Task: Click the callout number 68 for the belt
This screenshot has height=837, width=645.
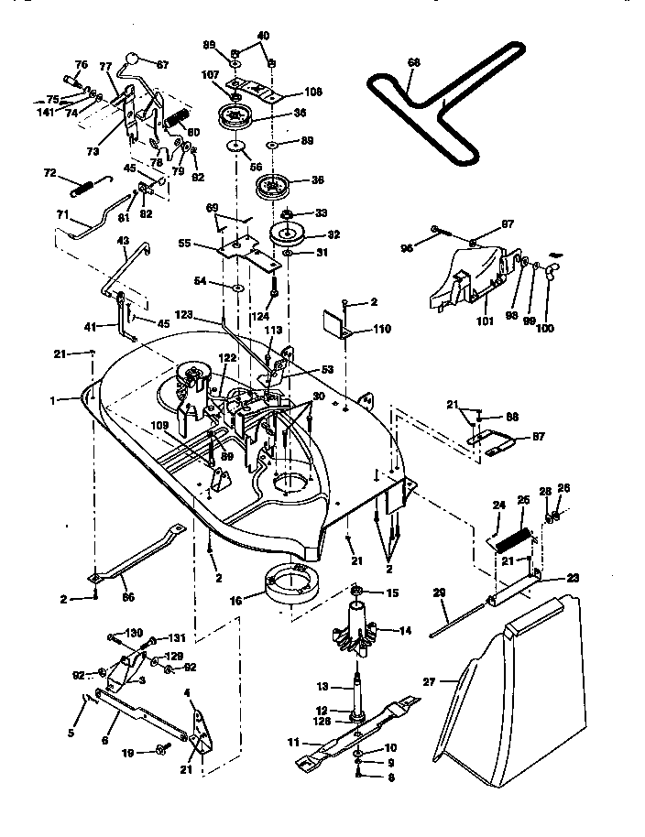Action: [414, 63]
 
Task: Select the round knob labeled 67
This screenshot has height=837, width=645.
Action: [137, 57]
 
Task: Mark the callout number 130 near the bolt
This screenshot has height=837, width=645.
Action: [134, 634]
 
